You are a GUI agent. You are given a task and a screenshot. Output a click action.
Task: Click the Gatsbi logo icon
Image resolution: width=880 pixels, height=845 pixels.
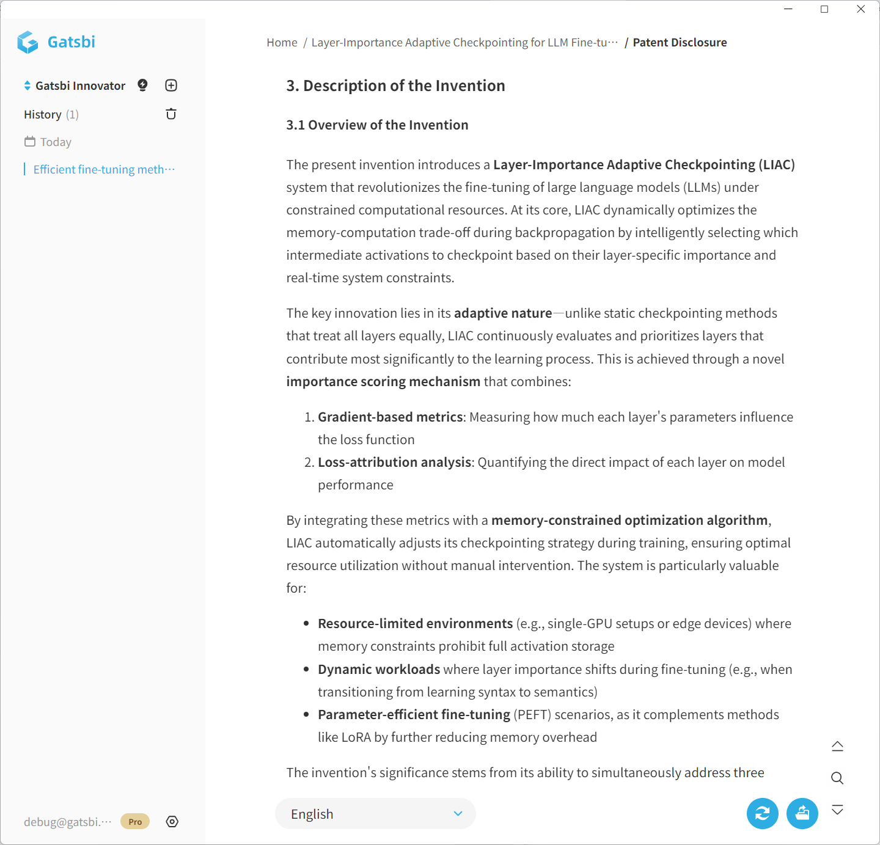point(28,42)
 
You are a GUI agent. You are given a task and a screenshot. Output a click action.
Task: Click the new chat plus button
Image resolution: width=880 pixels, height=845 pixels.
point(171,86)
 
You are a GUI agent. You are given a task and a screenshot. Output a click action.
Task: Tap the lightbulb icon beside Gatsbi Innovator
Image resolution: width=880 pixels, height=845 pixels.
point(142,86)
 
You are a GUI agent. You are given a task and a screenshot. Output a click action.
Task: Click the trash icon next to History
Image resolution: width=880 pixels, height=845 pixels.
point(171,114)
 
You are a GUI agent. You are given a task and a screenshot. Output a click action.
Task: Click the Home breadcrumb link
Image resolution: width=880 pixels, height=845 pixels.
point(282,43)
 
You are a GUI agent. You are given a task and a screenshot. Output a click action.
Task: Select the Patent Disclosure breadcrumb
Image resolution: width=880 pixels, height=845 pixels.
point(680,43)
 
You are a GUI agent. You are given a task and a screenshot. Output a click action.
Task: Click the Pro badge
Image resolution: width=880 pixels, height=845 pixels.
point(135,822)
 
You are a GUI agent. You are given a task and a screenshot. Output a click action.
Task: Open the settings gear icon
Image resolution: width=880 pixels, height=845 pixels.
point(172,822)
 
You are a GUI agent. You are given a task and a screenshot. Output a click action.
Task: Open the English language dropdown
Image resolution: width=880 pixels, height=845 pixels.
point(375,814)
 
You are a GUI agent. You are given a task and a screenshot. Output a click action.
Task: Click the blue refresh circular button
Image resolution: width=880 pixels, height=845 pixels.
point(763,814)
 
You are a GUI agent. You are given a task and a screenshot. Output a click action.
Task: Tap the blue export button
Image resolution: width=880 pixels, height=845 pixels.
point(802,814)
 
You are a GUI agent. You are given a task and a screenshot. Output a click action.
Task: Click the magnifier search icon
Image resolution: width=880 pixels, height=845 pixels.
point(837,778)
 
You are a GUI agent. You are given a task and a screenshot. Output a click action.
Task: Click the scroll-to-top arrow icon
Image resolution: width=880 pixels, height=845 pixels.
point(837,746)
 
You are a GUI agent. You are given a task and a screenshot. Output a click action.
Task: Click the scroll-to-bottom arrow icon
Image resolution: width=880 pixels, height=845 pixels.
point(837,810)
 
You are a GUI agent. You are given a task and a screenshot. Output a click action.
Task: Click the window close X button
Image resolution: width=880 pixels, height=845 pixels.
point(860,9)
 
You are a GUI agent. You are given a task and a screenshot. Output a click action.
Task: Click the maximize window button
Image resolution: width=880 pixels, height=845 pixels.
point(824,9)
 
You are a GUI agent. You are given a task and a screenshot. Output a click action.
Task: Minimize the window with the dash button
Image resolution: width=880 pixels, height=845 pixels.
point(788,9)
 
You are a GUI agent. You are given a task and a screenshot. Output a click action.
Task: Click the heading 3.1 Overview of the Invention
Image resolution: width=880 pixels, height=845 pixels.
point(377,125)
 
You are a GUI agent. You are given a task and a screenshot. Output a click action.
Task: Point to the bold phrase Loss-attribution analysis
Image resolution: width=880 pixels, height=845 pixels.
point(394,463)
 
